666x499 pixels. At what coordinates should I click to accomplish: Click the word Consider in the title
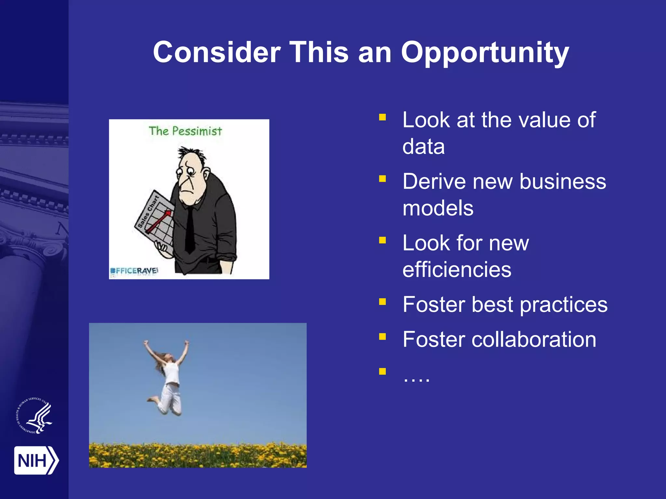(x=217, y=53)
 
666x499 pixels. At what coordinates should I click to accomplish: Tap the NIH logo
(x=36, y=460)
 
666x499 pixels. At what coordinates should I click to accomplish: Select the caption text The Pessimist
(x=185, y=131)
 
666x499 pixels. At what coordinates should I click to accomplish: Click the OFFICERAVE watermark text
(x=134, y=271)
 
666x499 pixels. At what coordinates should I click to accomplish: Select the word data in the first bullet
(x=423, y=147)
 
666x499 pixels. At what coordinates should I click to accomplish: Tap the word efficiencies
(x=457, y=270)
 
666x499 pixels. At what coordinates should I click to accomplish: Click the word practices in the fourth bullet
(x=563, y=305)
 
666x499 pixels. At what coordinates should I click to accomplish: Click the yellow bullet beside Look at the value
(x=382, y=117)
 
